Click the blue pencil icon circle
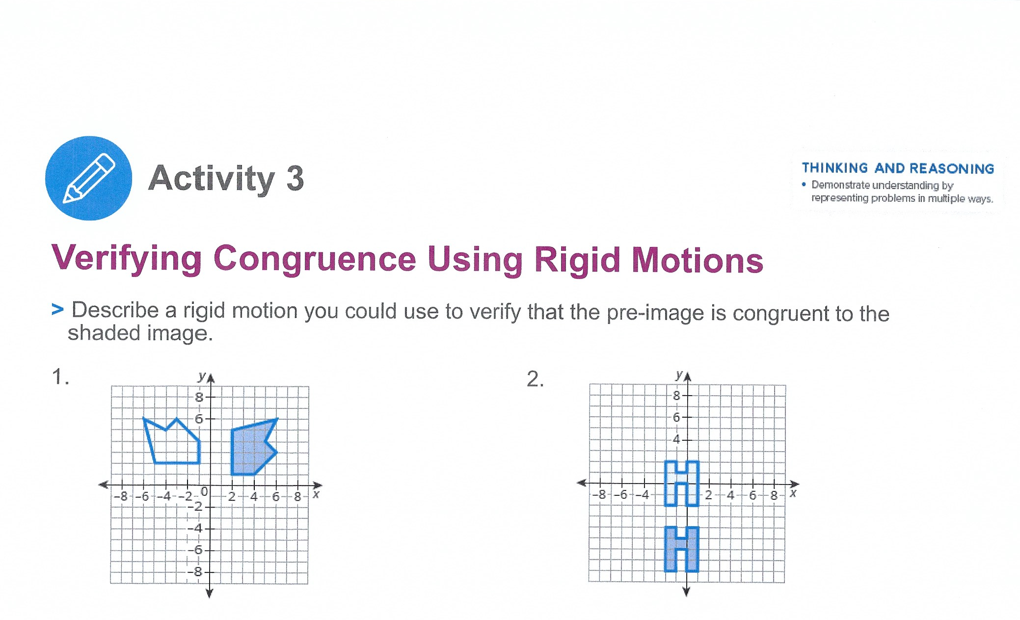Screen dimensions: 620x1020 pyautogui.click(x=88, y=178)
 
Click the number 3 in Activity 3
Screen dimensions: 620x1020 pyautogui.click(x=295, y=179)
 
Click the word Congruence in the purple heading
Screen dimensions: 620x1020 pyautogui.click(x=315, y=259)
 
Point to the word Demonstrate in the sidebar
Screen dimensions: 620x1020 pyautogui.click(x=840, y=185)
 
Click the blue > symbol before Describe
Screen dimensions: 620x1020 pyautogui.click(x=57, y=310)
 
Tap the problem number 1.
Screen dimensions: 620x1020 pyautogui.click(x=58, y=377)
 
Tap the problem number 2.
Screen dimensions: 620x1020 pyautogui.click(x=534, y=379)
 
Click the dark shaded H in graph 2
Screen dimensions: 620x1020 pyautogui.click(x=681, y=549)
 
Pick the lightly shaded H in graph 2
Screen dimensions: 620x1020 pyautogui.click(x=681, y=484)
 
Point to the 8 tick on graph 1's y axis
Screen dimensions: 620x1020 pyautogui.click(x=199, y=397)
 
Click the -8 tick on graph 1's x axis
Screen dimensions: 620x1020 pyautogui.click(x=121, y=496)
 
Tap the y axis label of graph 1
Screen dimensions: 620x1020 pyautogui.click(x=201, y=377)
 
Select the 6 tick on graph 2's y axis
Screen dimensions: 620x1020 pyautogui.click(x=676, y=417)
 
